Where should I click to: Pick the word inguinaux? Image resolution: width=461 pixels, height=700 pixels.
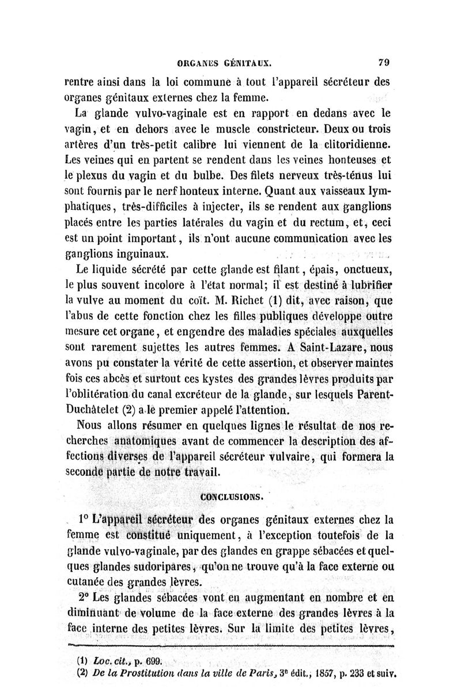[141, 252]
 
